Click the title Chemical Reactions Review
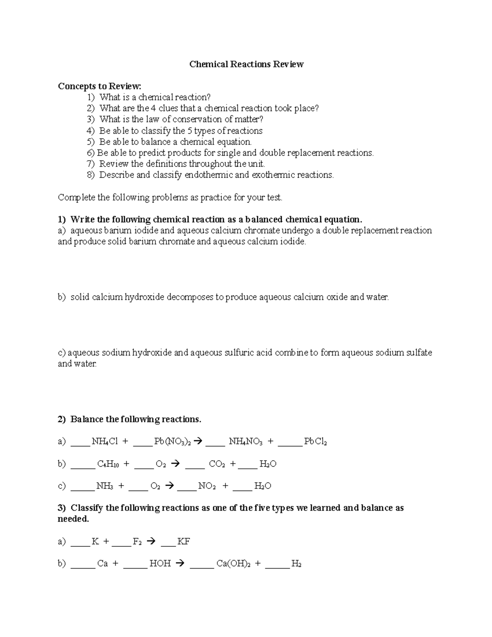click(246, 64)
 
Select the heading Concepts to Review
click(99, 86)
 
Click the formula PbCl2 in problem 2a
click(315, 441)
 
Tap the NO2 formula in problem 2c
click(207, 486)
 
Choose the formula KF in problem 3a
click(183, 541)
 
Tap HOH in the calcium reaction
click(160, 564)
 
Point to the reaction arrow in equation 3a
click(151, 541)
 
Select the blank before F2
click(121, 543)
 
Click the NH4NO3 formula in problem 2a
click(245, 441)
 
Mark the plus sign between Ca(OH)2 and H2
click(257, 564)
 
